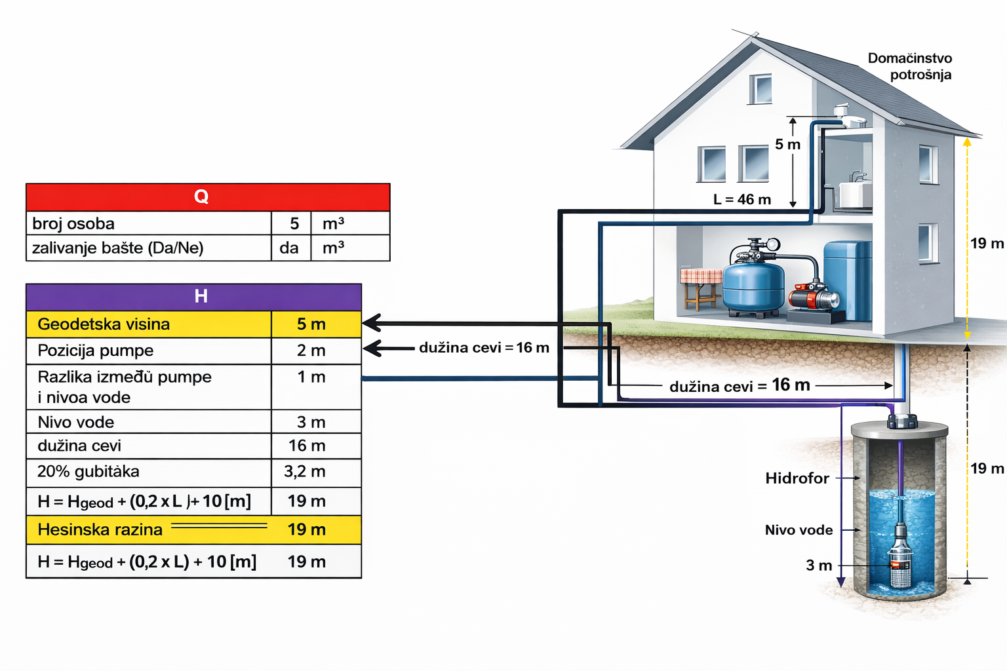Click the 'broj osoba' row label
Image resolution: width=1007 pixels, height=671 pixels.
73,223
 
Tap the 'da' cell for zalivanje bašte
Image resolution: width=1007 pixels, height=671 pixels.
289,248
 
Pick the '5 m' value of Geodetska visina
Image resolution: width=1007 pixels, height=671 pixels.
311,324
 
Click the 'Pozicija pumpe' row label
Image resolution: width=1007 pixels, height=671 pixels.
96,351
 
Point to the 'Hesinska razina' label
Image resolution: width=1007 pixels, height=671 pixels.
100,529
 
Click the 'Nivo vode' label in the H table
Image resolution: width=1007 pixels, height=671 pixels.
76,422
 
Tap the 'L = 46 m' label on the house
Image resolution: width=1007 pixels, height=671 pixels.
742,199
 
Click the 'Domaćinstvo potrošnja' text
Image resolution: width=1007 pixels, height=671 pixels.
910,66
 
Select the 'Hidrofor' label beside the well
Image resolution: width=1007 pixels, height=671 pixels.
797,478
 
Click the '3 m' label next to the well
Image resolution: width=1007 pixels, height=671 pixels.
819,565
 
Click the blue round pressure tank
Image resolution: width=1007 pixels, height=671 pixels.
753,285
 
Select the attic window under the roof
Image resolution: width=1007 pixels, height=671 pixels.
760,88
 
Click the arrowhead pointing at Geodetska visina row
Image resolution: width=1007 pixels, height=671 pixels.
370,322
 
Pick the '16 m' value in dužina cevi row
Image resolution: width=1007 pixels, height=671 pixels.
307,446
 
